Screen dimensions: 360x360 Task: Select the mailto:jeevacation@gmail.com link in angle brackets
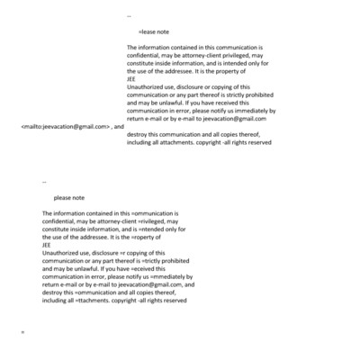point(64,127)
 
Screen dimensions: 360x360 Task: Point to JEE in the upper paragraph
point(132,77)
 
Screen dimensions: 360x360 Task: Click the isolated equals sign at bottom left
point(22,333)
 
